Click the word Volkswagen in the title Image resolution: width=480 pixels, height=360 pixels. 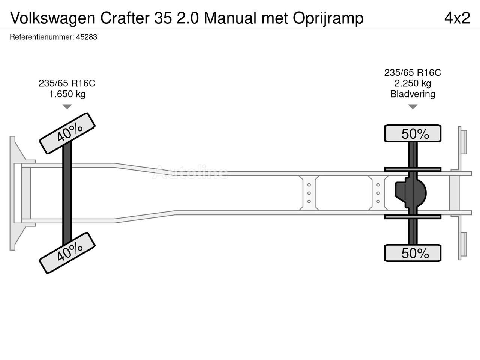[53, 18]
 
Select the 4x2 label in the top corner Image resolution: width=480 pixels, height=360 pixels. [457, 18]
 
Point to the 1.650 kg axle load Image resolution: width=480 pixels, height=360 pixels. [67, 94]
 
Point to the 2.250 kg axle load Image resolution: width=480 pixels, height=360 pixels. [412, 83]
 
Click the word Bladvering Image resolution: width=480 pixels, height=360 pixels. [412, 94]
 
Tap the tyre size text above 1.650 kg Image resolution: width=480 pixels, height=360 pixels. [67, 83]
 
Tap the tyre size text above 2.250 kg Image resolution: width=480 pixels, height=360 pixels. [412, 72]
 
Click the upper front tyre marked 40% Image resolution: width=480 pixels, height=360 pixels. [67, 133]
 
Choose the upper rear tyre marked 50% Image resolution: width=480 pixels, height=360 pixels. [412, 134]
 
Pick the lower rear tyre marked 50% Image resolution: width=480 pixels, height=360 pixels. [412, 253]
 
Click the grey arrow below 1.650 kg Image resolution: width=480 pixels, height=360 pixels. [67, 107]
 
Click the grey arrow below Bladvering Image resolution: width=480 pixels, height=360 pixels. [412, 107]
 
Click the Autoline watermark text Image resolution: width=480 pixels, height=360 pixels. [190, 172]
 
